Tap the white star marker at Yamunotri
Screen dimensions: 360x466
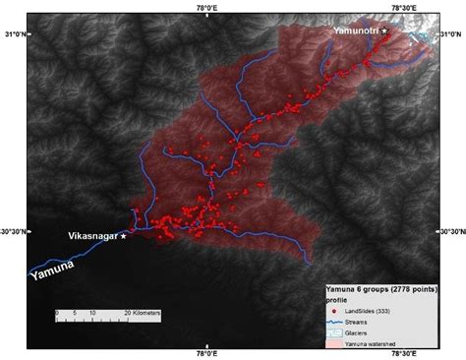(385, 31)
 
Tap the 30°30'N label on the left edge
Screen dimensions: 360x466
(15, 231)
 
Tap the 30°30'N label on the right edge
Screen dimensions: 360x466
(450, 231)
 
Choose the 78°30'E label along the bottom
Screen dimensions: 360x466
(404, 353)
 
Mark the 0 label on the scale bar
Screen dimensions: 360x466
(57, 312)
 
